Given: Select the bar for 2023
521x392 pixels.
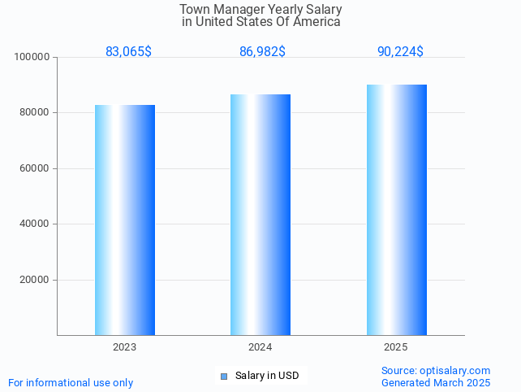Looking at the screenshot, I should tap(125, 220).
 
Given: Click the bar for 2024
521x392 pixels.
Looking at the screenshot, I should tap(260, 215).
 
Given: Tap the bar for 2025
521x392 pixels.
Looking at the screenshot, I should tap(396, 210).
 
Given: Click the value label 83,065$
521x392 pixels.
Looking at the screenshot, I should tap(128, 52).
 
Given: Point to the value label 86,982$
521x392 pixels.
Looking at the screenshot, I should tap(262, 52).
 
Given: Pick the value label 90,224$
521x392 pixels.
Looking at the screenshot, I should tap(400, 52).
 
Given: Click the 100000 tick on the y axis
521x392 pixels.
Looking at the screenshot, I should tap(33, 57).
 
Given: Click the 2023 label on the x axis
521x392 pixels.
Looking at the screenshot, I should tap(125, 347).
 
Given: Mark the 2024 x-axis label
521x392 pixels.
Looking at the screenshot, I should tap(260, 347).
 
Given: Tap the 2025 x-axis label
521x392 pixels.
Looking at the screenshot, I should tap(396, 347).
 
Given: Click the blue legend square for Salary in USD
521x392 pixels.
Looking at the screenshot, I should tap(224, 376).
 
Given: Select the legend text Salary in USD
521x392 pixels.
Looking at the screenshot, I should tap(267, 376).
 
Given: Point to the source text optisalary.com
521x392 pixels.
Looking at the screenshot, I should tap(454, 370).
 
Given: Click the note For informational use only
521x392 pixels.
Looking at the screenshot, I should tap(71, 382).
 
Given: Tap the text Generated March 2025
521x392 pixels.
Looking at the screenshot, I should tap(436, 382).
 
